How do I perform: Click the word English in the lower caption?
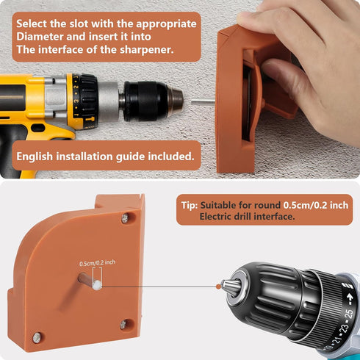pos(37,156)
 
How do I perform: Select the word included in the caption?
pos(172,156)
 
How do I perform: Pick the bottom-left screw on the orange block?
pos(37,337)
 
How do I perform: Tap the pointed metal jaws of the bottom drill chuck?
pos(230,287)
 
